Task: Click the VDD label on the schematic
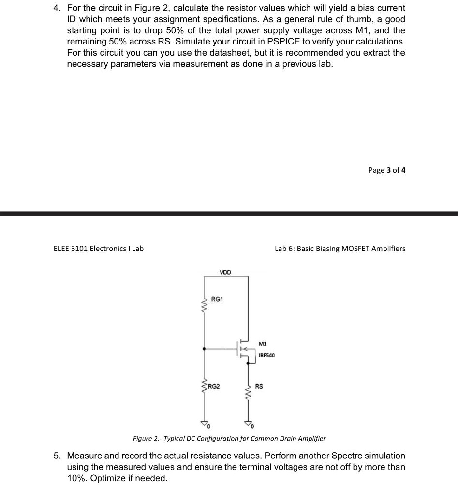[225, 273]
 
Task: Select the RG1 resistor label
[217, 299]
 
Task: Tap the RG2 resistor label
[214, 387]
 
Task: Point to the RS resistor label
[260, 387]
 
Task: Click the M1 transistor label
[263, 344]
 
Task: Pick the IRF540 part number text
[266, 355]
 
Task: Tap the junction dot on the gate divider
[204, 348]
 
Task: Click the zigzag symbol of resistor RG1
[204, 305]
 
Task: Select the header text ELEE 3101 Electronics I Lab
[98, 249]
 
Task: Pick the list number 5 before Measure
[57, 456]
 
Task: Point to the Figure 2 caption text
[229, 439]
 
